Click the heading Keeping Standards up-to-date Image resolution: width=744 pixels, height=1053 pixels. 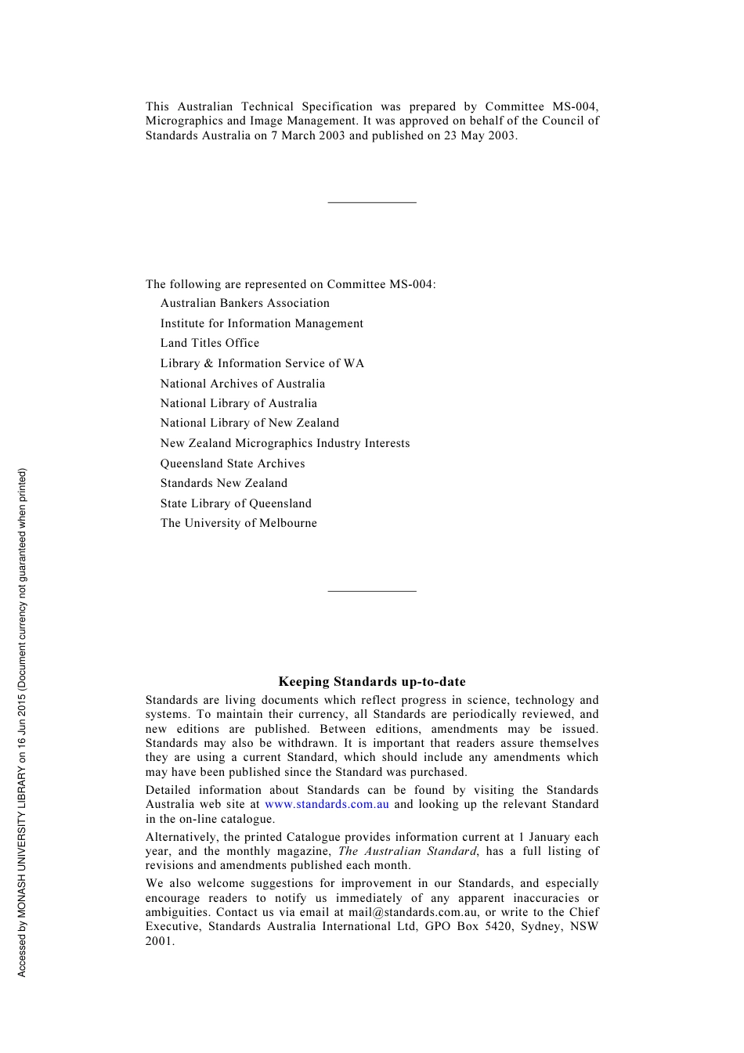coord(372,682)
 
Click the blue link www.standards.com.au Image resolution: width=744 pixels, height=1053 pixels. coord(327,804)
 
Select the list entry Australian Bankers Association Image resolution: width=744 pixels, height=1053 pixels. coord(245,303)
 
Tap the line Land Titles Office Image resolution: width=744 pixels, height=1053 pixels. coord(210,343)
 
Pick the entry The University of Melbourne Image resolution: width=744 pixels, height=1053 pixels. coord(239,523)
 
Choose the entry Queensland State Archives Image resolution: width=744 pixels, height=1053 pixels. coord(233,463)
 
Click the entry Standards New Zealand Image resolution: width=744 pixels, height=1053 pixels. coord(224,483)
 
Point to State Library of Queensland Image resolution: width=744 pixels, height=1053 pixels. coord(236,503)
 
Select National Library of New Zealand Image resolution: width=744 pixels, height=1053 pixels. coord(250,423)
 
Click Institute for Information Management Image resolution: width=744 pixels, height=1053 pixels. coord(262,323)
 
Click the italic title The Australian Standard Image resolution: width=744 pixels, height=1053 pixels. coord(407,851)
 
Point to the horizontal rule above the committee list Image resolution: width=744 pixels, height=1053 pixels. coord(372,203)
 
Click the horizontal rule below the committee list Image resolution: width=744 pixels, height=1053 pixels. coord(372,591)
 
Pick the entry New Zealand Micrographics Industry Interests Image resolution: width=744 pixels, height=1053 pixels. coord(285,443)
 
